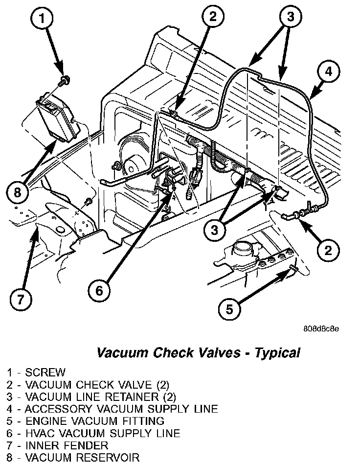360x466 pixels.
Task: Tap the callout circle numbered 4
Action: coord(329,71)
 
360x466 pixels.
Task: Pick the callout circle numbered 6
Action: coord(100,291)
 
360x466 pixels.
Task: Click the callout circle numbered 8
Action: coord(18,192)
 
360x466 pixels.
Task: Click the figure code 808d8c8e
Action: coord(321,328)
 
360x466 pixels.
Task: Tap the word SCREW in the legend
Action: coord(45,373)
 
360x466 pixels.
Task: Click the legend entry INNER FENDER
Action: coord(67,445)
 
